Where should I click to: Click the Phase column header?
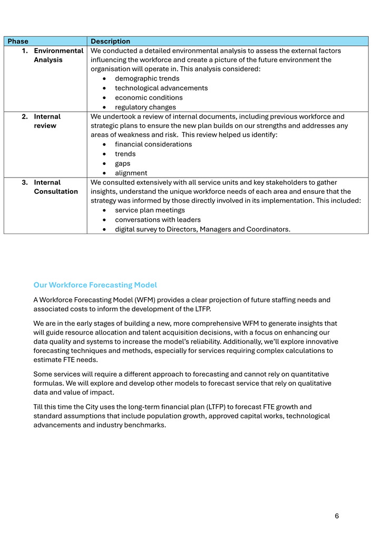tap(18, 41)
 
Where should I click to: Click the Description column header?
tap(110, 41)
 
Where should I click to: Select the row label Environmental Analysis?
tap(58, 55)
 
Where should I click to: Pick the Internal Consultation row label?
tap(55, 187)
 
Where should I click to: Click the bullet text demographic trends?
tap(147, 79)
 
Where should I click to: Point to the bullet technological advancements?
tap(161, 88)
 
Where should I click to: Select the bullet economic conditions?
tap(149, 97)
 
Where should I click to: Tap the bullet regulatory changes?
tap(145, 107)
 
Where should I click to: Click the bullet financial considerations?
tap(153, 144)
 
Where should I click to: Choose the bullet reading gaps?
tap(123, 163)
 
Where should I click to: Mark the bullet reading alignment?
tap(131, 173)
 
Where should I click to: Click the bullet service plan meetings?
tap(150, 210)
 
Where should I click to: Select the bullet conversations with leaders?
tap(158, 220)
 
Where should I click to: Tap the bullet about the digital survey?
tap(202, 229)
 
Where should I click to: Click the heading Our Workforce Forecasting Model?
tap(95, 285)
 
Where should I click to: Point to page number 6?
tap(337, 516)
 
